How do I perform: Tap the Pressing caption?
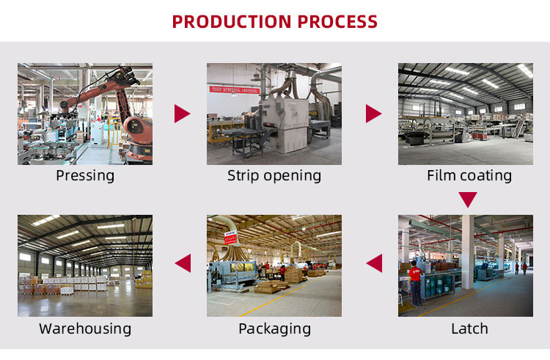pyautogui.click(x=85, y=176)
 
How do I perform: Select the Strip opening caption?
pyautogui.click(x=274, y=176)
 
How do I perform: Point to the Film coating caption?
pyautogui.click(x=469, y=176)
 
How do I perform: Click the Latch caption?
pyautogui.click(x=469, y=328)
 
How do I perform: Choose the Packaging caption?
pyautogui.click(x=274, y=328)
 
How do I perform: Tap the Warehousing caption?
pyautogui.click(x=85, y=328)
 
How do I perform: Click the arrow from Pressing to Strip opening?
pyautogui.click(x=182, y=114)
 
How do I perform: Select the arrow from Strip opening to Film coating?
pyautogui.click(x=373, y=114)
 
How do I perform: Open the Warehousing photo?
pyautogui.click(x=85, y=265)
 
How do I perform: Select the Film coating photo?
pyautogui.click(x=466, y=114)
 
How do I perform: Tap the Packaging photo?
pyautogui.click(x=274, y=265)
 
